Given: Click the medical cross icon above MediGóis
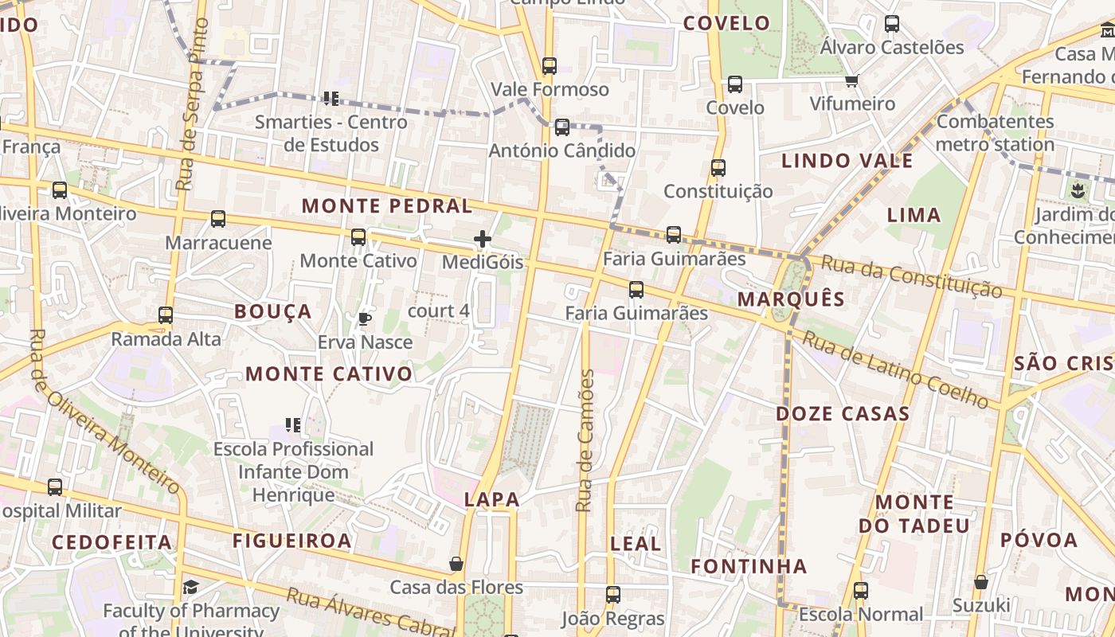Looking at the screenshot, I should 482,239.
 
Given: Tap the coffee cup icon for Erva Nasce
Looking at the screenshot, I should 364,319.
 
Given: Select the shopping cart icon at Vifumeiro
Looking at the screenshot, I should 851,80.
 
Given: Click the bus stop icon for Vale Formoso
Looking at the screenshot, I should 549,66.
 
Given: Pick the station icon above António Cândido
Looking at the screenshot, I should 561,127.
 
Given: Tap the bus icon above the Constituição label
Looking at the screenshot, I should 718,168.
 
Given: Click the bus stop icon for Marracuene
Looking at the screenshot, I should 217,219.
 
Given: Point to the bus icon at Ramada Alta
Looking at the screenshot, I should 165,315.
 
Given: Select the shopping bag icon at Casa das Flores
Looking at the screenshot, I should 456,565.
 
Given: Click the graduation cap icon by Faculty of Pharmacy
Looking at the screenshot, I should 190,588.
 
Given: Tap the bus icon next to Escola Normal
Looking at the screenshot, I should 860,591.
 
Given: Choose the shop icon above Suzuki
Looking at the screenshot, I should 980,582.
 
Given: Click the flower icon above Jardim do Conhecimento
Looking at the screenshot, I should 1078,190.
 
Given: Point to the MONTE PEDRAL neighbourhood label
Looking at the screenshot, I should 387,206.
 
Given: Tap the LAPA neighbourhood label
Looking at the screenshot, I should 491,500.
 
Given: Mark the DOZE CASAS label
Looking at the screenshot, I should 843,414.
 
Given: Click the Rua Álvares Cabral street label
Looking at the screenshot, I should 370,612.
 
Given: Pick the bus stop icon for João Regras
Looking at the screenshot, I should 612,595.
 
